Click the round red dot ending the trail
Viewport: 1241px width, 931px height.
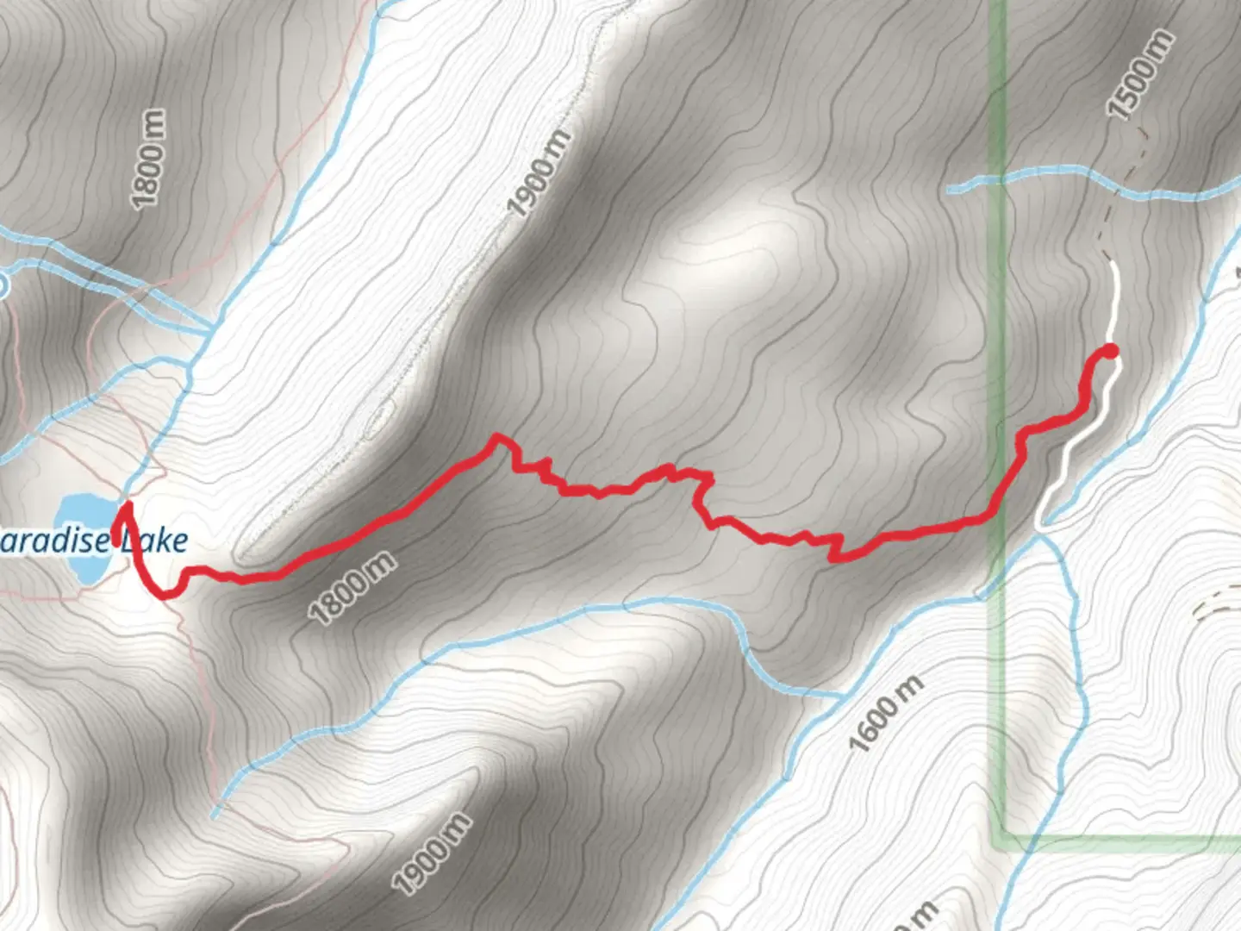[1111, 350]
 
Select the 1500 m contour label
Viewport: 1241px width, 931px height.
[1140, 75]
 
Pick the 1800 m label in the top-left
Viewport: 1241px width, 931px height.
[148, 159]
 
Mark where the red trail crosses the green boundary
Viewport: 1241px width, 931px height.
[999, 509]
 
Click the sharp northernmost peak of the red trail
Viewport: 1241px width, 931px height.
[496, 437]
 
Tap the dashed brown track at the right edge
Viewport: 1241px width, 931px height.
[1215, 603]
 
